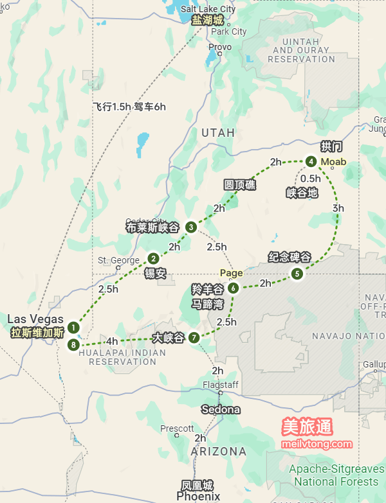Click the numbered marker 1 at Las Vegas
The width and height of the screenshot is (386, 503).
click(x=74, y=327)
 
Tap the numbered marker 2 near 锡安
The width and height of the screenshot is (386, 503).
click(x=153, y=258)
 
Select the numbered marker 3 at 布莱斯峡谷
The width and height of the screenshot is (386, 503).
click(x=191, y=227)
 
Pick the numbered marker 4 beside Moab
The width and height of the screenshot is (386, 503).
click(x=311, y=161)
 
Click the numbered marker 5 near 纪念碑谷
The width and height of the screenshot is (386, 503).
click(x=297, y=274)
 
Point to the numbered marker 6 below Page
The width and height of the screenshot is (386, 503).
click(x=233, y=288)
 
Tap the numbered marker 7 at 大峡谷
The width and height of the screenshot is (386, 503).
click(x=194, y=337)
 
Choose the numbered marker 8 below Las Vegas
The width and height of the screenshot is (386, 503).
click(x=74, y=345)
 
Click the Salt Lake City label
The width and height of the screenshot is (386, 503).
click(x=208, y=9)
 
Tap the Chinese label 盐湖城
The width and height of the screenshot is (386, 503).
click(x=208, y=21)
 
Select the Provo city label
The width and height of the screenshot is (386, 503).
click(x=220, y=47)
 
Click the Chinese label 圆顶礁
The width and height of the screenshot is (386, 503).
click(x=239, y=185)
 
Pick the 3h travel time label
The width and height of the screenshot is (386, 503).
click(x=338, y=208)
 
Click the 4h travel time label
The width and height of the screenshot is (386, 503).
click(x=112, y=341)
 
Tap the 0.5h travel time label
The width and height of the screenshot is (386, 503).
click(x=310, y=179)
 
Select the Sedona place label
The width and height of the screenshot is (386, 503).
click(x=221, y=409)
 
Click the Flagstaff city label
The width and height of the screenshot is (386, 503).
click(x=221, y=385)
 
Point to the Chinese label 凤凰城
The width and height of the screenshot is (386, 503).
click(x=197, y=485)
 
